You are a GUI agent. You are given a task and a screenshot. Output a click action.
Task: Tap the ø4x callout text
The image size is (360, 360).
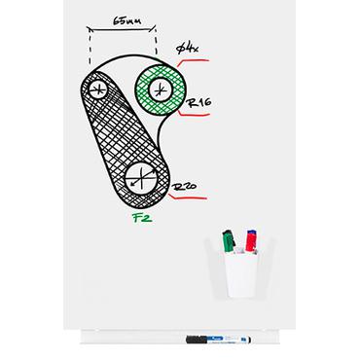[x=186, y=46]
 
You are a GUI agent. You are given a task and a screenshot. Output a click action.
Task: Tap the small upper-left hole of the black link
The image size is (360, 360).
[x=97, y=90]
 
